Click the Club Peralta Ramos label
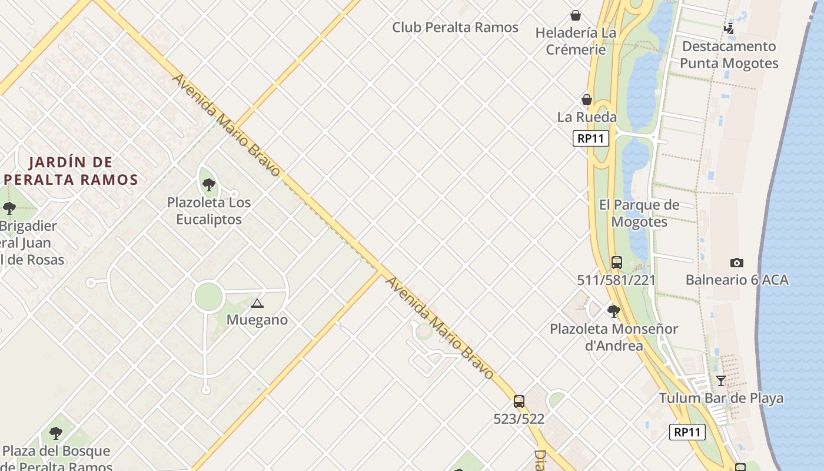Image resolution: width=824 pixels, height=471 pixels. click(x=455, y=28)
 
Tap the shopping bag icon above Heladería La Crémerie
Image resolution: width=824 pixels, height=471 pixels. click(x=576, y=15)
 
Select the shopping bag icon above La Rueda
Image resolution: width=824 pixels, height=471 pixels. click(x=587, y=99)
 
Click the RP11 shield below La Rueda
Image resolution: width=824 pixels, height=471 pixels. click(x=590, y=138)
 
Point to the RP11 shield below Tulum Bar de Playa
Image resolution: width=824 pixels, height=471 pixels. click(x=687, y=432)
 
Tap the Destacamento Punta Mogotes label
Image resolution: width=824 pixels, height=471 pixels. click(x=729, y=55)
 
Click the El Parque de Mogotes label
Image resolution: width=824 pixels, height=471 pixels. click(x=639, y=213)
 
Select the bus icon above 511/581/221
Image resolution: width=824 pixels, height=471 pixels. click(x=616, y=263)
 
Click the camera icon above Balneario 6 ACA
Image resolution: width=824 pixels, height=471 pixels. click(x=736, y=263)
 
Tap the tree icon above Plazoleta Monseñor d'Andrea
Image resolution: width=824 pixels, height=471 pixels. click(x=613, y=311)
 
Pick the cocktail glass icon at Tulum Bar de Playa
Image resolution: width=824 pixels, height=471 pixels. click(x=720, y=380)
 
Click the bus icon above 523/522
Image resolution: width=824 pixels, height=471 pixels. click(x=519, y=402)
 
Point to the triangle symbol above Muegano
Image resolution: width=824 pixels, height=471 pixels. click(x=257, y=304)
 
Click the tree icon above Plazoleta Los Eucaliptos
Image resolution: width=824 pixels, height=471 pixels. click(x=208, y=185)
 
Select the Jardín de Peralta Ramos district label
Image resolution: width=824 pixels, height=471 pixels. click(x=70, y=171)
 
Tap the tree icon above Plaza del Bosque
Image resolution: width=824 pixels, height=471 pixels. click(x=56, y=434)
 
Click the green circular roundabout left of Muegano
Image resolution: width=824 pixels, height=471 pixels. click(x=208, y=296)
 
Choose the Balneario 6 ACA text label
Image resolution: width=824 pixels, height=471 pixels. click(x=736, y=280)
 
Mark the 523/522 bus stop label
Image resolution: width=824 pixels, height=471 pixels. click(x=519, y=419)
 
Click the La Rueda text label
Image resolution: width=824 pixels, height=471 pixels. click(x=587, y=117)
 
